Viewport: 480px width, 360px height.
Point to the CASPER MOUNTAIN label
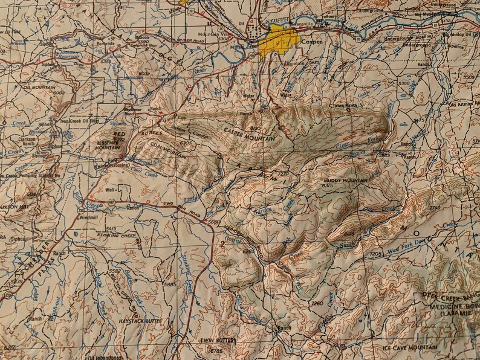click(248, 135)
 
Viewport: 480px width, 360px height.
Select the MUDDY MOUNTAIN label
click(345, 181)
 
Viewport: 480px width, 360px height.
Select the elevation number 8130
click(254, 129)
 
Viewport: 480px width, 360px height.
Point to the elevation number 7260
click(317, 303)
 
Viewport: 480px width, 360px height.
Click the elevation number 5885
click(169, 283)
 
